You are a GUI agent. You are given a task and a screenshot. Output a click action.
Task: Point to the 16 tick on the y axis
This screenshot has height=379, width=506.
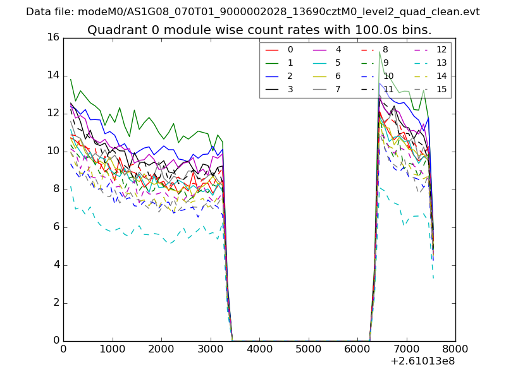(52, 37)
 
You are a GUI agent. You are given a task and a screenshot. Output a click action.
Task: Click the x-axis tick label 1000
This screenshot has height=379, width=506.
(112, 349)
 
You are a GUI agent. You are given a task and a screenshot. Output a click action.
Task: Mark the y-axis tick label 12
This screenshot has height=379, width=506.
(52, 113)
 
